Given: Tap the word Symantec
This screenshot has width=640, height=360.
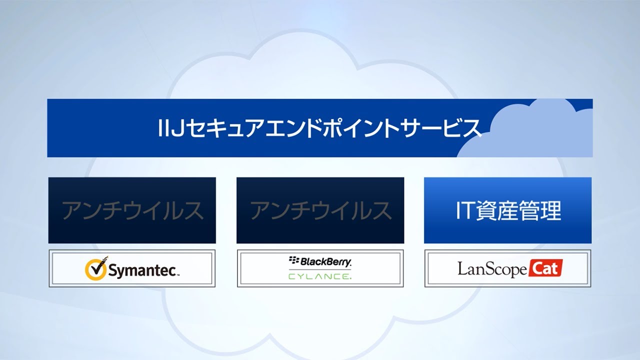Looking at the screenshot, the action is tap(142, 270).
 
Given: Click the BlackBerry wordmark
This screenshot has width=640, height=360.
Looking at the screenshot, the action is tap(325, 261).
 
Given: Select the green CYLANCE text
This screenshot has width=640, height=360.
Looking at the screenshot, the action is tap(320, 276).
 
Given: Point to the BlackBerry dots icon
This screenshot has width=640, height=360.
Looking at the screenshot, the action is tap(293, 260).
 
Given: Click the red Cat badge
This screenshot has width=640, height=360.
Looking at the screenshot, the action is tap(545, 268).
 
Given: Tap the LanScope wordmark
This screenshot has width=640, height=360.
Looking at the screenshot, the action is tap(492, 269).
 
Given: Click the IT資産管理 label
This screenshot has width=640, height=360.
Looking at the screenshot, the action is tap(508, 210).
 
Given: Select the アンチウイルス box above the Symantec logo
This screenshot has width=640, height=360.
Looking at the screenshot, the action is tap(132, 210).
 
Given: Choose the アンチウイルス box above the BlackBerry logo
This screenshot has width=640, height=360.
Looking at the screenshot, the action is tap(320, 210).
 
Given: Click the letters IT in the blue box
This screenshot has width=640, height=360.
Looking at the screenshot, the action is tap(465, 210).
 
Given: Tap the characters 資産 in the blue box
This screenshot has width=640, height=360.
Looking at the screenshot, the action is tap(497, 210).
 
